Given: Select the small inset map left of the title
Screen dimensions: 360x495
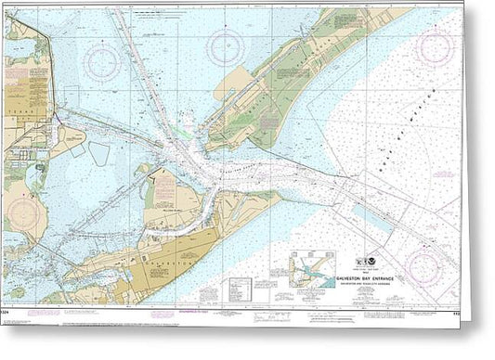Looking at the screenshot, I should (312, 273).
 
